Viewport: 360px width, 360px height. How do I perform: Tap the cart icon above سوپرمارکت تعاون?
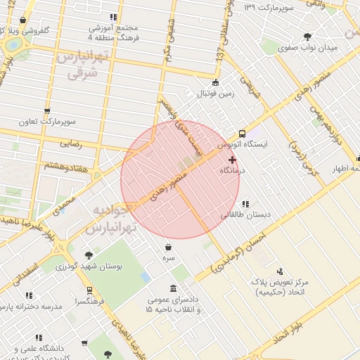pos(47,111)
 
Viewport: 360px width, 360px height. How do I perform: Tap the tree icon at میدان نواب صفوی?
pos(307,37)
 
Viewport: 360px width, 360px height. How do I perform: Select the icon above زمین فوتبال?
pos(215,82)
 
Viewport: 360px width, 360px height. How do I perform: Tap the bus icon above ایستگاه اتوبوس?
pos(243,133)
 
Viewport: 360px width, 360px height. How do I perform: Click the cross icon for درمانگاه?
pos(233,160)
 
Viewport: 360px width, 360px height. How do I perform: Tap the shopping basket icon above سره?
pos(169,247)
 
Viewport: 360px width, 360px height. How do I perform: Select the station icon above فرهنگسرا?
pos(89,290)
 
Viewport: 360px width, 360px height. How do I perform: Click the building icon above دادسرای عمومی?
pos(174,289)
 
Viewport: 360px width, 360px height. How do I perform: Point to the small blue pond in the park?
pos(146,277)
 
